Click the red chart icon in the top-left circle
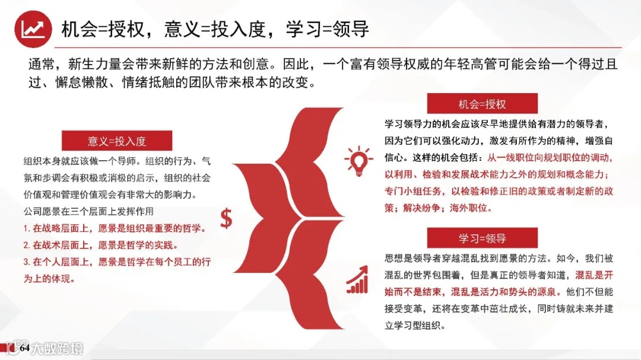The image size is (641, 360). (33, 28)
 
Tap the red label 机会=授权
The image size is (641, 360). (482, 104)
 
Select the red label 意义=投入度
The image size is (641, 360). (117, 141)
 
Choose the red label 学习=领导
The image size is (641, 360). (482, 238)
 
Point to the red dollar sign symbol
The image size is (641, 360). (226, 218)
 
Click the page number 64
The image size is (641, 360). (24, 348)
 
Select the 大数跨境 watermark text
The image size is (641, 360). (57, 348)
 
